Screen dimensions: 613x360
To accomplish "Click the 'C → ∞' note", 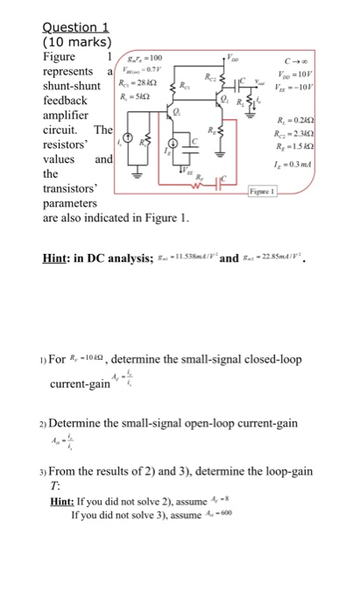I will (313, 62).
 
